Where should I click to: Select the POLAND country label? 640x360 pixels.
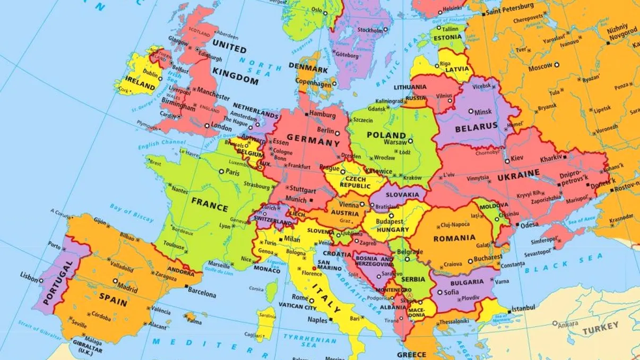[x=386, y=135]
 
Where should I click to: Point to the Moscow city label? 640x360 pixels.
[x=540, y=67]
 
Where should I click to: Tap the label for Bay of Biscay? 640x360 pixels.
[x=132, y=212]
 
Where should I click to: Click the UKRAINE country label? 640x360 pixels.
[x=518, y=174]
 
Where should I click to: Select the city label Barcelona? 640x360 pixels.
[x=203, y=294]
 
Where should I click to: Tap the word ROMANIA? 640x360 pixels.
[x=454, y=238]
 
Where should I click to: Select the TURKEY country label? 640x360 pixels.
[x=600, y=330]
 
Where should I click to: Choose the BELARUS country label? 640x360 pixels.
[x=475, y=126]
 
